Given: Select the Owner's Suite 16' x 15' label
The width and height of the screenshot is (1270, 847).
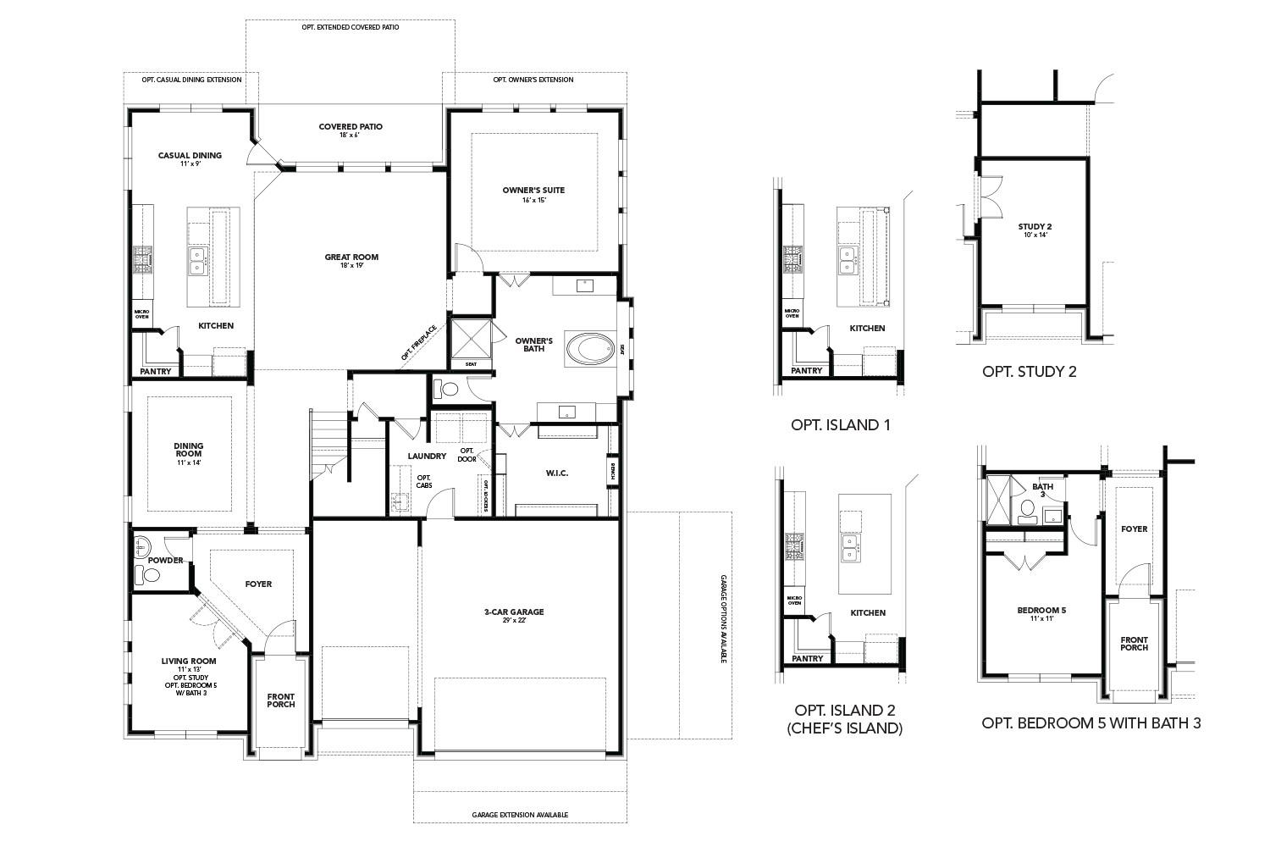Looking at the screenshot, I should pyautogui.click(x=533, y=194).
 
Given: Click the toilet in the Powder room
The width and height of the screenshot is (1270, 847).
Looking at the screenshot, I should pyautogui.click(x=150, y=576).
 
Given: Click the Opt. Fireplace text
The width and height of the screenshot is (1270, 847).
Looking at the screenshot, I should pyautogui.click(x=418, y=343).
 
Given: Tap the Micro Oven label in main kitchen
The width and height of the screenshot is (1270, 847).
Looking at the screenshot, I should pyautogui.click(x=141, y=313).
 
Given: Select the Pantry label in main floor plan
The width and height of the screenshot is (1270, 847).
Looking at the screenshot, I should pyautogui.click(x=156, y=371).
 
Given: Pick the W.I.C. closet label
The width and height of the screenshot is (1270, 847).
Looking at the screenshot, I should pyautogui.click(x=556, y=472).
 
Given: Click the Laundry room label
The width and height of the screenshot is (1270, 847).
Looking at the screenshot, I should pyautogui.click(x=427, y=456).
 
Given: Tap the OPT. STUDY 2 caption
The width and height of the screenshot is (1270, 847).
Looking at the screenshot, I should pyautogui.click(x=1029, y=371).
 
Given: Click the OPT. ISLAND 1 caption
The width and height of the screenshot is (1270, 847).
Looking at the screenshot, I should pyautogui.click(x=840, y=425).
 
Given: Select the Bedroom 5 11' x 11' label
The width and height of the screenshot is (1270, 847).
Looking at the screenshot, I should pyautogui.click(x=1041, y=614).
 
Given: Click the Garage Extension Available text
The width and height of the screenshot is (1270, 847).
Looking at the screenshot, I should pyautogui.click(x=520, y=815).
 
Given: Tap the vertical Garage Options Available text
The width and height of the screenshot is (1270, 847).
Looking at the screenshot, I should pyautogui.click(x=724, y=619).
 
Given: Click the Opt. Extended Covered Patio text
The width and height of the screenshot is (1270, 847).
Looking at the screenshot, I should pyautogui.click(x=350, y=27).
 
